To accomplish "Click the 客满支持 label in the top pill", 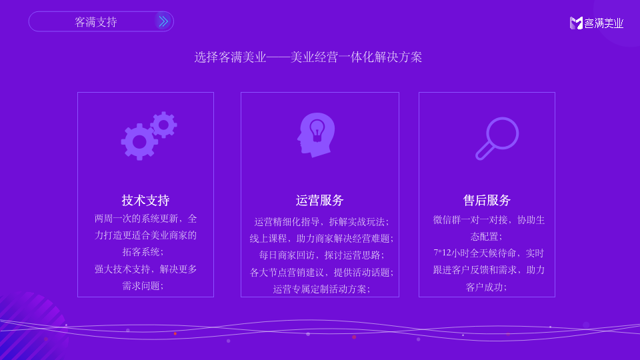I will click(96, 22).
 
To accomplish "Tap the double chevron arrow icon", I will click(163, 21).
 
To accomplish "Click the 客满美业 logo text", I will click(604, 23).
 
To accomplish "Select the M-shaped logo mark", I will click(576, 23).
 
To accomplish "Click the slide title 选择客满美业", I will click(308, 57).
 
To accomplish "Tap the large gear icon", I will click(139, 141).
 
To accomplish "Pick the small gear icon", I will click(163, 125).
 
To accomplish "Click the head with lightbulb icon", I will click(315, 135).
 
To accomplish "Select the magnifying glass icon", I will click(497, 138).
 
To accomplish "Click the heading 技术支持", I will click(145, 201).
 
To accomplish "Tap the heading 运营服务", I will click(319, 201).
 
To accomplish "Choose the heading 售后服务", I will click(487, 201).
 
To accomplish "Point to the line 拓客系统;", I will click(142, 252).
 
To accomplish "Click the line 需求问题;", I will click(142, 285).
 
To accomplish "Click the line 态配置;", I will click(487, 236).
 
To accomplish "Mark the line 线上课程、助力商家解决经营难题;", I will click(321, 238).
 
